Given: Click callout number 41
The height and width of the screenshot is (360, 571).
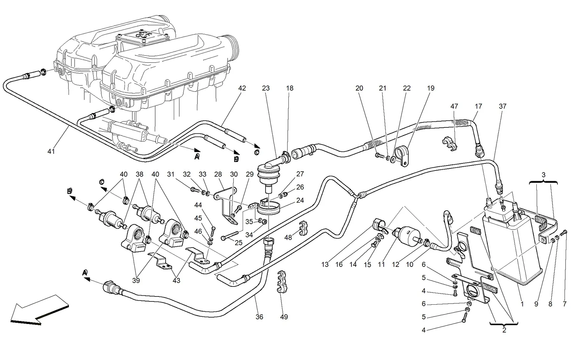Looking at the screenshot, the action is click(x=51, y=151).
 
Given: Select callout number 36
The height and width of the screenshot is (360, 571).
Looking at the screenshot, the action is click(x=259, y=317).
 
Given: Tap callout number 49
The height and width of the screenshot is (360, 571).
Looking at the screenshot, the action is click(x=284, y=317).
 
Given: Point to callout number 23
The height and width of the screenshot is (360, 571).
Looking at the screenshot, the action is click(x=266, y=88).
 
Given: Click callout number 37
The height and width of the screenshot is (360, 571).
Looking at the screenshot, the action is click(x=502, y=106).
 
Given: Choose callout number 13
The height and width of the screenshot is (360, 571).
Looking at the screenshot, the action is click(x=325, y=264).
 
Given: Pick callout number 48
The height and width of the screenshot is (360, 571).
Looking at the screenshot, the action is click(x=288, y=238).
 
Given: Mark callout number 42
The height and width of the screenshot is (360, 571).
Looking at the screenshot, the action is click(x=242, y=88).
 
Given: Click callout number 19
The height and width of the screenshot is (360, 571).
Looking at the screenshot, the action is click(x=430, y=88).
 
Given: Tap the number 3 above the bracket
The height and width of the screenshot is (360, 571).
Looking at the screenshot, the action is click(x=543, y=175).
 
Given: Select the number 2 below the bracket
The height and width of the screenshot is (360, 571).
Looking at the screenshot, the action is click(x=504, y=330).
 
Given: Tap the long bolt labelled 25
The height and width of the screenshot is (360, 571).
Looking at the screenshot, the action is click(x=230, y=235).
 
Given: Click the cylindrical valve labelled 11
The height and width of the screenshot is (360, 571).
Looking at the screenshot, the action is click(x=405, y=234).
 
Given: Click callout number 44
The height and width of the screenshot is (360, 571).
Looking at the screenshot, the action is click(x=198, y=205).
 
